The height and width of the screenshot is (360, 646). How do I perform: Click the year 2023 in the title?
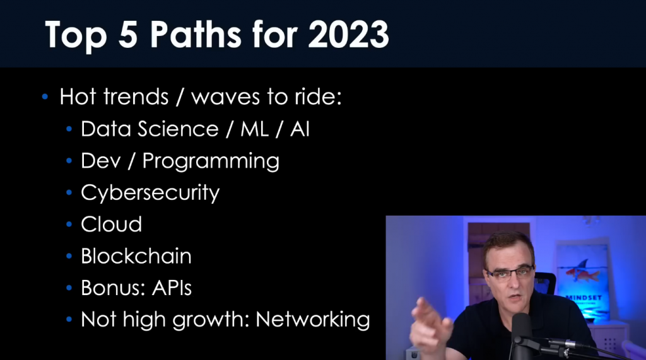pos(348,34)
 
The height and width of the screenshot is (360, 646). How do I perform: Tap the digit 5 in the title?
pos(127,34)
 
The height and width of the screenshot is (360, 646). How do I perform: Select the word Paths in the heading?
pos(196,34)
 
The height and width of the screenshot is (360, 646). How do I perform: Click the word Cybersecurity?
pos(150,193)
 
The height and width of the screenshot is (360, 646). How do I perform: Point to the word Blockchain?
pos(136,256)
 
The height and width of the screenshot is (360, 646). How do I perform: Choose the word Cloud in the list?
pos(111,224)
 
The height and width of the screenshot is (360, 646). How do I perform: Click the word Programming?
pos(211,161)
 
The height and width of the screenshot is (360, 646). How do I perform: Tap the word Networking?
pos(313,320)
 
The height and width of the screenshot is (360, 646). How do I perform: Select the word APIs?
pos(172,288)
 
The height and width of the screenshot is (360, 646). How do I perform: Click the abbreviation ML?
pos(255,129)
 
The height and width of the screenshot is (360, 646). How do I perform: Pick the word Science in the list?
pos(178,129)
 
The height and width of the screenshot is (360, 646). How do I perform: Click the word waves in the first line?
pos(225,98)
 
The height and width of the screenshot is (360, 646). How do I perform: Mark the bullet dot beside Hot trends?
pos(45,97)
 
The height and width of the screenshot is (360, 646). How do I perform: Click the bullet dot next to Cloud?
pos(69,224)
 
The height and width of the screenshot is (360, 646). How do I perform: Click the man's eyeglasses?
pos(509,273)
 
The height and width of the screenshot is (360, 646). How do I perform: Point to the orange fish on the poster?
pos(582,272)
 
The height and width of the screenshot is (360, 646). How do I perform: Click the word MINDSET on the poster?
pos(584,298)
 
